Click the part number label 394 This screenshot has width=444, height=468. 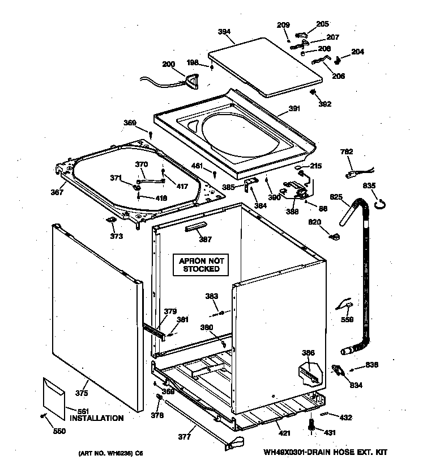225,32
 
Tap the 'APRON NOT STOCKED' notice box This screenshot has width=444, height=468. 201,265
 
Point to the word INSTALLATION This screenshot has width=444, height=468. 96,418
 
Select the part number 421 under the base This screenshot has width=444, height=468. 284,433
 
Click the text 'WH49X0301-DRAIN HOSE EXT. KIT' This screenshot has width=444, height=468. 326,453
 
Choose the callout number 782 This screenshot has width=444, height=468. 347,151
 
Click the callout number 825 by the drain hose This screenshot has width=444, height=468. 336,197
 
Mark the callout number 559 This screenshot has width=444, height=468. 347,319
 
